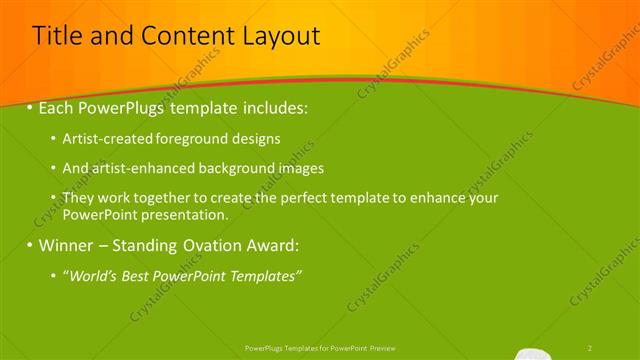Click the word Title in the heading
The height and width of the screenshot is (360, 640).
(57, 37)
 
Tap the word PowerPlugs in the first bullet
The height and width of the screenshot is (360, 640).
(123, 105)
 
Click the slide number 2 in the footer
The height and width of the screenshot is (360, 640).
(590, 347)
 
